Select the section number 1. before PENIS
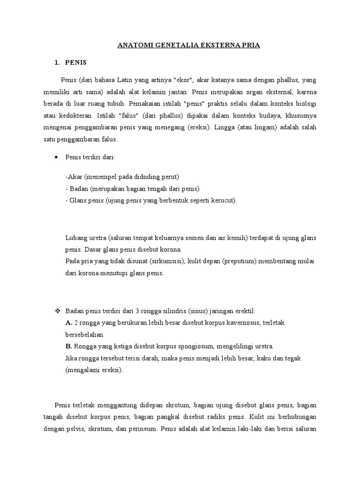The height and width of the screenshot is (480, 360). click(x=58, y=62)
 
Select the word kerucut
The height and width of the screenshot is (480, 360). click(x=225, y=201)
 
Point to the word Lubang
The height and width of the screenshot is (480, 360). click(x=76, y=238)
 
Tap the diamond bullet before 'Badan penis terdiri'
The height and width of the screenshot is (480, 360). click(x=58, y=311)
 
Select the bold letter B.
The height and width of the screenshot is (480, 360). click(x=68, y=346)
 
